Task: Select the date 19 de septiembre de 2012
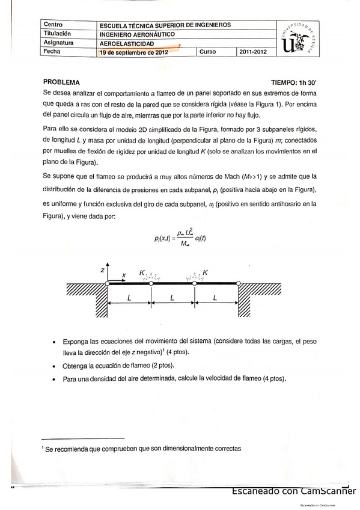click(x=134, y=52)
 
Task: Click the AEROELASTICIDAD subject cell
click(x=127, y=43)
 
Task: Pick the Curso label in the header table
click(x=207, y=52)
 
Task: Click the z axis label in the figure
click(x=103, y=271)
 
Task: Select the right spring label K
click(x=206, y=272)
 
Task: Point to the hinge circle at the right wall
click(x=239, y=283)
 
